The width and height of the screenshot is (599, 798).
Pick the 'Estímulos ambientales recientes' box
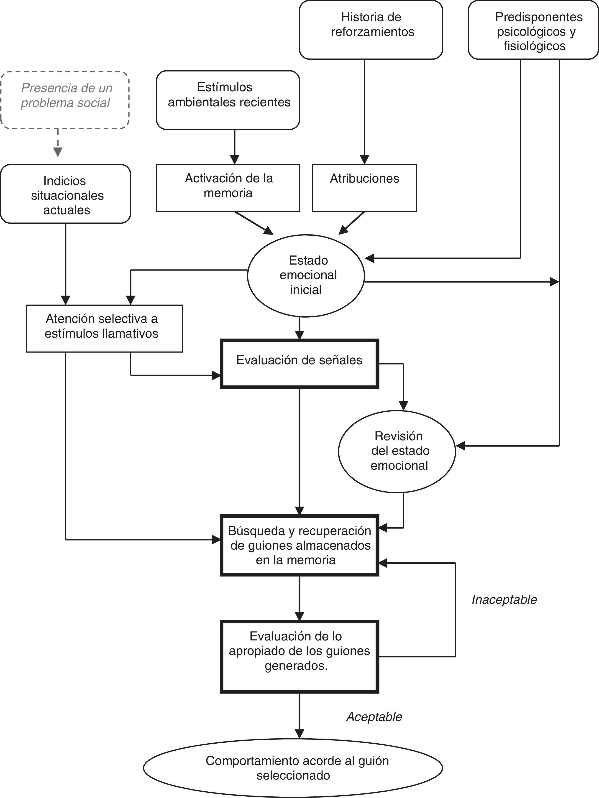click(228, 100)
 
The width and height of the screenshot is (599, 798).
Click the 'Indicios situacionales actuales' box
click(66, 194)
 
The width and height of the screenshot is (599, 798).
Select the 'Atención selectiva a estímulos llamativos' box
click(105, 328)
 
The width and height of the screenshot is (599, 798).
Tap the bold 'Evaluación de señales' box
click(299, 364)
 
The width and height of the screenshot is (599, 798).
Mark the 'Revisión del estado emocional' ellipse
click(397, 451)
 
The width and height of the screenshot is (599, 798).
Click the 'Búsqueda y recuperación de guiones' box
click(299, 545)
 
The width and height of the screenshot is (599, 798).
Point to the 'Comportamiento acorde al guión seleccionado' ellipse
click(293, 768)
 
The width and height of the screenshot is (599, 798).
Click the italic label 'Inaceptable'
click(504, 600)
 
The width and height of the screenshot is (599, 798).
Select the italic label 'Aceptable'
click(374, 717)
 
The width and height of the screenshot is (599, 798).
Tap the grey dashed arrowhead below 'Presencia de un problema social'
click(58, 152)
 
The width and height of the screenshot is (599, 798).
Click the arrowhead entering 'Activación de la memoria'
click(235, 160)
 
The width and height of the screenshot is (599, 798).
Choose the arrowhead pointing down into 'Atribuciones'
click(364, 160)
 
